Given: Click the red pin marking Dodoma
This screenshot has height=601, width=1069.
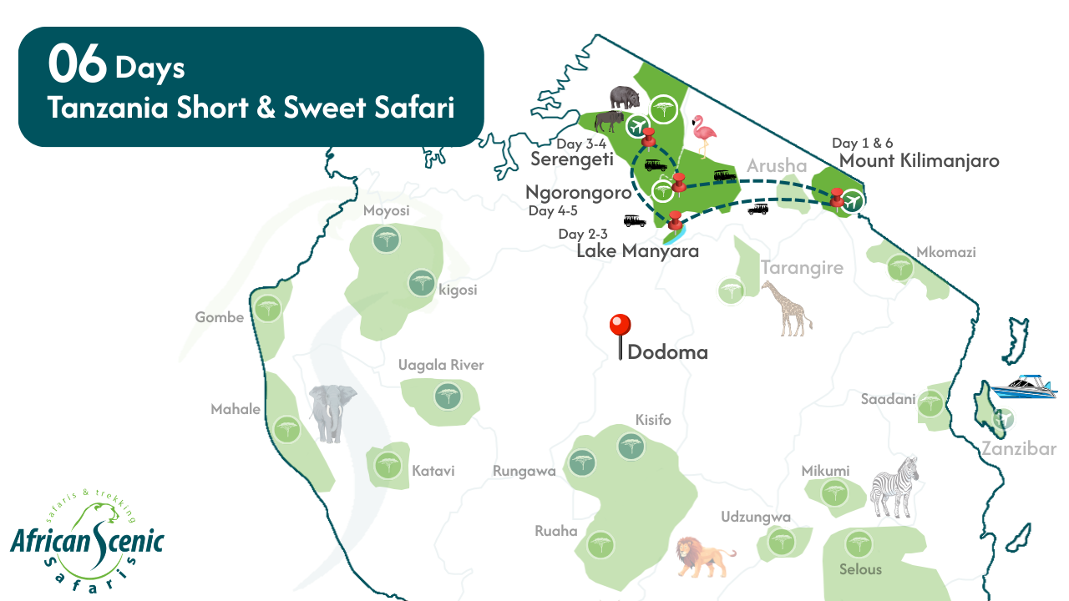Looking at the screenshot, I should (620, 326).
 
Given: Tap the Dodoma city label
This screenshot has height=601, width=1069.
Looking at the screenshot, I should (667, 352).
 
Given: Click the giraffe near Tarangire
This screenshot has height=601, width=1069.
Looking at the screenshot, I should (787, 308).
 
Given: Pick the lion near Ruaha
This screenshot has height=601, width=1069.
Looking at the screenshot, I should (703, 556).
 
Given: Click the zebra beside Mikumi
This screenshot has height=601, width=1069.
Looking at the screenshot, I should (895, 486).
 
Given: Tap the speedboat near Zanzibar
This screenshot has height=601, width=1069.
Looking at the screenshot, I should (1029, 386).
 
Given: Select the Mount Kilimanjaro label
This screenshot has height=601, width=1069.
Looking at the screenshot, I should (919, 161).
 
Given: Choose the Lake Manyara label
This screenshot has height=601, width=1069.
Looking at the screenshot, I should (637, 251).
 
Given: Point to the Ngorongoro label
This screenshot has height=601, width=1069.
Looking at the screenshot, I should (578, 193).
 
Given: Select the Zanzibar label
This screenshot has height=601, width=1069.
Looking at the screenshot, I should (1019, 449).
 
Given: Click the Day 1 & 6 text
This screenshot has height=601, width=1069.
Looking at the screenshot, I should (862, 143).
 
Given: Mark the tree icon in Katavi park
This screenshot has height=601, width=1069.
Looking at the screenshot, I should (387, 465).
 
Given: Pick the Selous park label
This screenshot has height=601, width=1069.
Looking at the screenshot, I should (860, 569).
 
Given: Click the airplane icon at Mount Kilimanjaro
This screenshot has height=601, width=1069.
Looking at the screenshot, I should (852, 200).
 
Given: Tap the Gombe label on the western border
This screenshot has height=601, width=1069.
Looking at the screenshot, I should (219, 317).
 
